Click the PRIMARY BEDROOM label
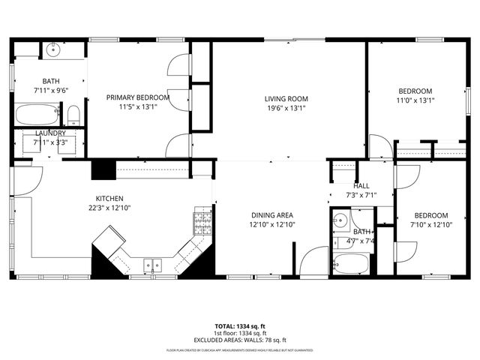click(137, 97)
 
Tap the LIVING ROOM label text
click(286, 98)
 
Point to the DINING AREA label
click(272, 214)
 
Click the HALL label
click(361, 187)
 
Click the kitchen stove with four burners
click(202, 220)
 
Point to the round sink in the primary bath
click(52, 51)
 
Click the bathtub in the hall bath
click(351, 264)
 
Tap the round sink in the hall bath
click(340, 221)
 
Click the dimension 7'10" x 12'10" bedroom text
click(432, 224)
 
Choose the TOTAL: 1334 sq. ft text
click(239, 327)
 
